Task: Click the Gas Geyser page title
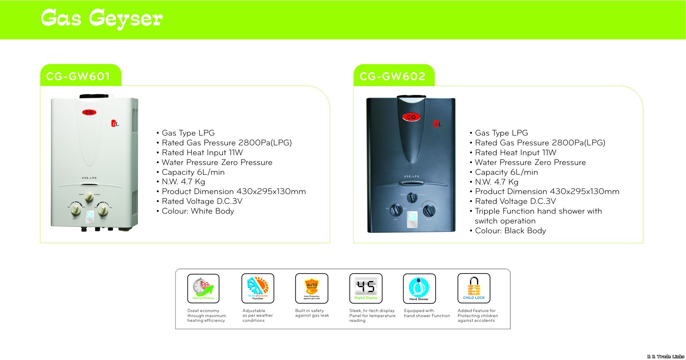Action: pos(101,18)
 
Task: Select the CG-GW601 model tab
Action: pos(78,76)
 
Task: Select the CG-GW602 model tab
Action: pos(392,76)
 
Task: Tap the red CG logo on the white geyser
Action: pos(89,112)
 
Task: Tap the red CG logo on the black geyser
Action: pos(411,117)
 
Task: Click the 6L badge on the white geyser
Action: pos(115,124)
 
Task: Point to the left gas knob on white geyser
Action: pos(76,210)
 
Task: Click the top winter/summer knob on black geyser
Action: pos(412,197)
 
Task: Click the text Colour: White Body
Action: pos(198,211)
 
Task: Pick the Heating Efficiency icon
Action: pos(203,288)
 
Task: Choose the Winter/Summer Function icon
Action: pos(258,288)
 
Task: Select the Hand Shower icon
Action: pos(419,288)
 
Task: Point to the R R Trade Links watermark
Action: pos(665,357)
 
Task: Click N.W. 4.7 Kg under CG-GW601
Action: pos(183,182)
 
